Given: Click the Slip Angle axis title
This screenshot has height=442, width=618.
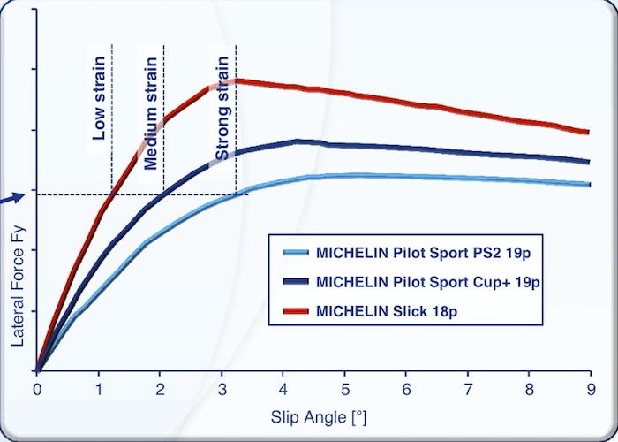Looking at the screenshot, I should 313,415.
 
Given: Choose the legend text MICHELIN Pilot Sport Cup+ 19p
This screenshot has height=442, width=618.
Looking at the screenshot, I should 427,283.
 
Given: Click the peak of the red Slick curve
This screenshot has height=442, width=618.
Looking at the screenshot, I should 237,81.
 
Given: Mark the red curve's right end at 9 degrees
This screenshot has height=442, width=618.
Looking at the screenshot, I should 587,133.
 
